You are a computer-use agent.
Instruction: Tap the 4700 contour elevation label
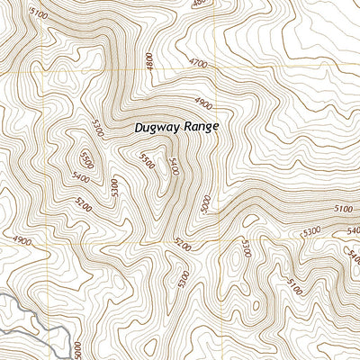coord(202,63)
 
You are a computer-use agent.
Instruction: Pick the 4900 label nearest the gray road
coord(22,240)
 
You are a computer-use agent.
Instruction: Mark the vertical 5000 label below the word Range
coord(206,203)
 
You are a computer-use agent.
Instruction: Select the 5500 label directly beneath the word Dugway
coord(147,160)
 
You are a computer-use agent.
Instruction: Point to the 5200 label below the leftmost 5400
coord(84,203)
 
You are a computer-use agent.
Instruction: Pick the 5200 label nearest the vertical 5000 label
coord(184,244)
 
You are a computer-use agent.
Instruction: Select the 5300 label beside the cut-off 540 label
coord(312,231)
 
